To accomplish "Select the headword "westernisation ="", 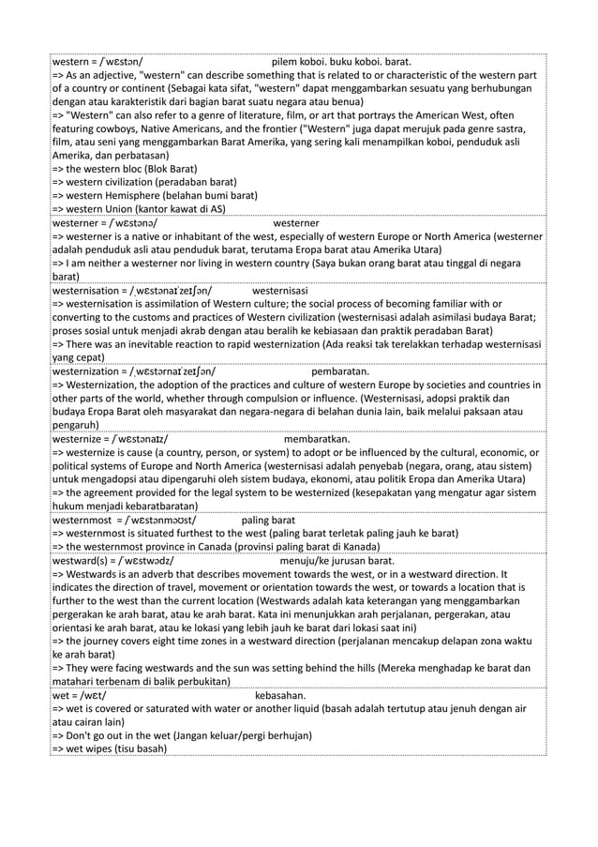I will [x=89, y=291].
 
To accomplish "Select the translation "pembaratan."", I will [x=339, y=371].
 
